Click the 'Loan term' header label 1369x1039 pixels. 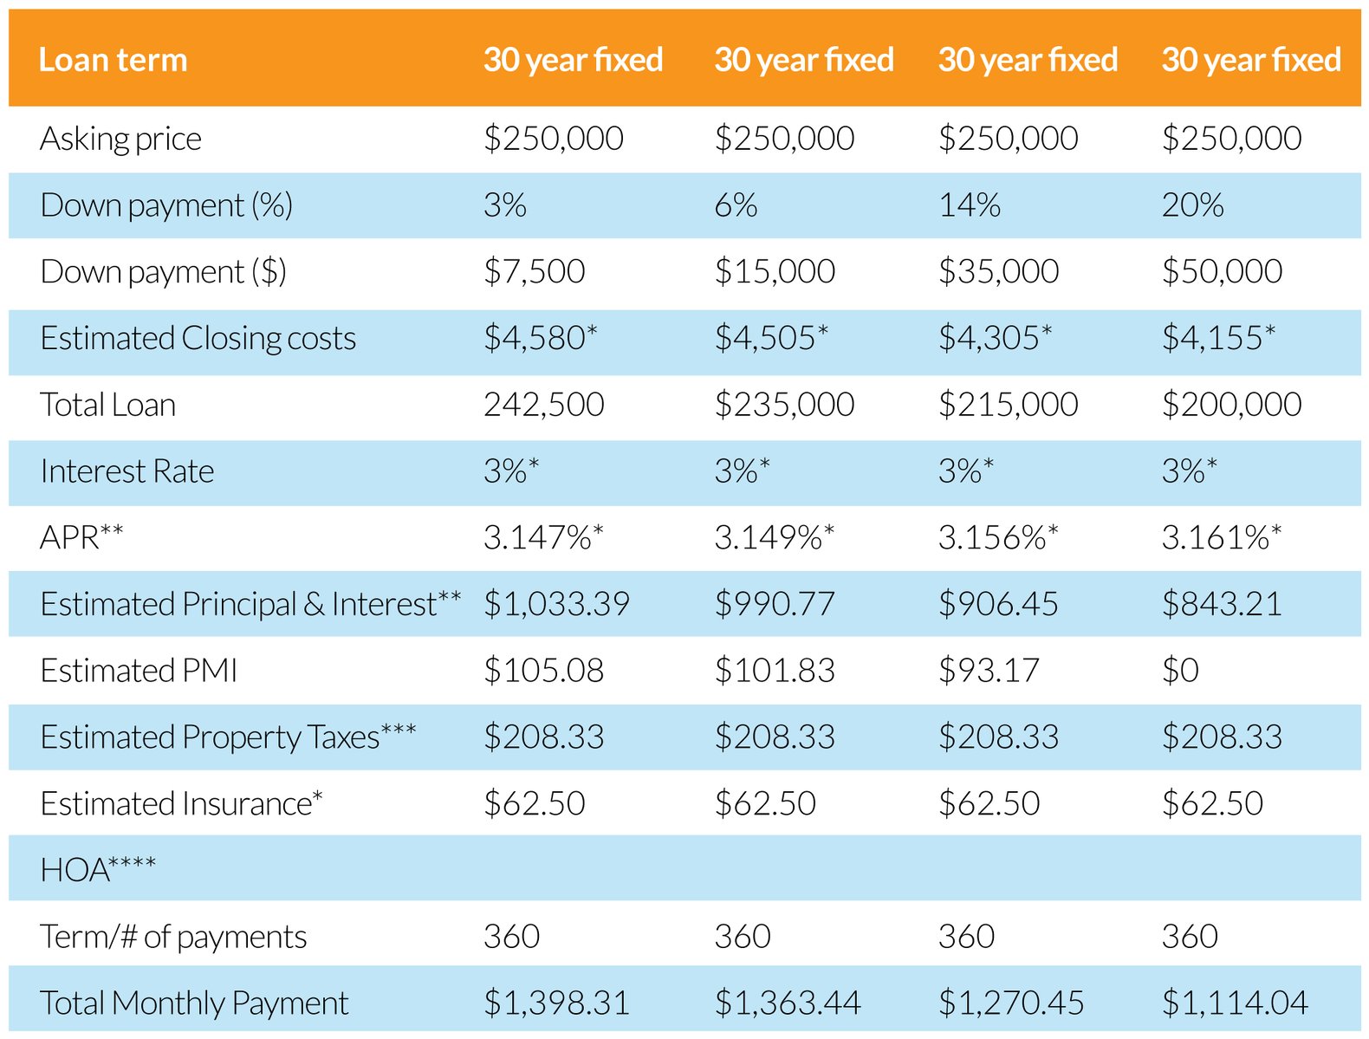(113, 60)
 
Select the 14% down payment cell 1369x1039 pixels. (969, 205)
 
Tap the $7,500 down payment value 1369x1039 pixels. (534, 272)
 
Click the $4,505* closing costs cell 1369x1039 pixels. (770, 338)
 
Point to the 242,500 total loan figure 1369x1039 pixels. (543, 405)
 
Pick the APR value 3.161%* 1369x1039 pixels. (1220, 538)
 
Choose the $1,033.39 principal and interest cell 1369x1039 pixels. (556, 604)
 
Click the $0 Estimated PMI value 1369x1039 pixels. (1180, 671)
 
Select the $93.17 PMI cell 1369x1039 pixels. (988, 671)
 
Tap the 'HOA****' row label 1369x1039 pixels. (98, 869)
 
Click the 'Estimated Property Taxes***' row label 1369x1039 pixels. (228, 737)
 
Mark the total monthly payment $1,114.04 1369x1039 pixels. (1234, 1003)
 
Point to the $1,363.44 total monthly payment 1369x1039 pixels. (787, 1003)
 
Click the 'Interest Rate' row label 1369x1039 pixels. (127, 471)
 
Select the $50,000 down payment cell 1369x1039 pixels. (1221, 272)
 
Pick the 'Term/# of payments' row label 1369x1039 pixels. (173, 937)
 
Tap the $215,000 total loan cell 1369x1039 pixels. (1008, 405)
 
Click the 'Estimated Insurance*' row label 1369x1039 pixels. (181, 804)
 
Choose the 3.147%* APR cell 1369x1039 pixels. (542, 538)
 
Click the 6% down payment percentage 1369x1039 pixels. (735, 205)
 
